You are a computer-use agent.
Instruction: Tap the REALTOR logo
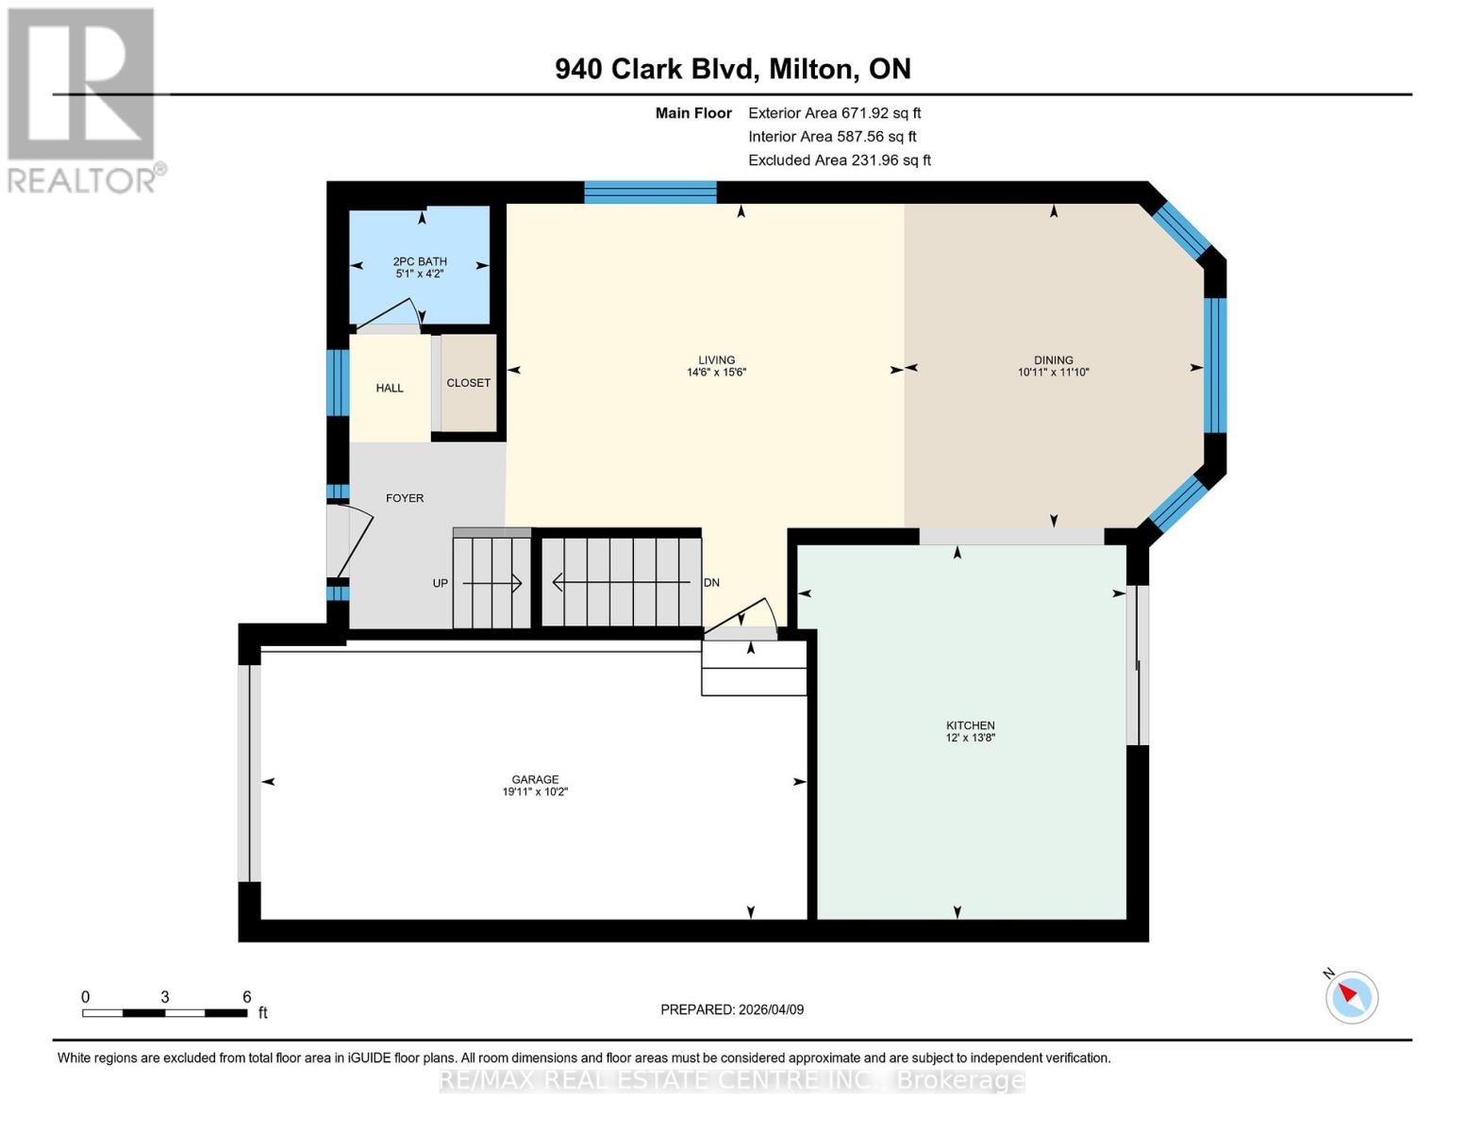point(83,99)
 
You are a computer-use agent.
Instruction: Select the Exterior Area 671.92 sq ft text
point(834,113)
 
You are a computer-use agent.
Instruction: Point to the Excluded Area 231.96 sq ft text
point(839,160)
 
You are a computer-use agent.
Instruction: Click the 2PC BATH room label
point(420,261)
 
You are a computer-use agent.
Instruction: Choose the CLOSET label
point(468,383)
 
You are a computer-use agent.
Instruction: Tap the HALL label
point(390,388)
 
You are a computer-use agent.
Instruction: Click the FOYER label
point(405,498)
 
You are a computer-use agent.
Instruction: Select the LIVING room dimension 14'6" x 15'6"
point(716,373)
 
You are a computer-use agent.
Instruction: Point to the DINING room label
point(1053,359)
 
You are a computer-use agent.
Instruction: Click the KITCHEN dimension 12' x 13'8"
point(970,738)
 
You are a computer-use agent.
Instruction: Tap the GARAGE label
point(535,779)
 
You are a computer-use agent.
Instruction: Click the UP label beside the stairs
point(441,583)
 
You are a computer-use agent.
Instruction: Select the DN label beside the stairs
point(712,583)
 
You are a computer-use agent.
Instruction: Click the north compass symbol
point(1351,996)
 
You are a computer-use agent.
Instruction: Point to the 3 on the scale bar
point(165,997)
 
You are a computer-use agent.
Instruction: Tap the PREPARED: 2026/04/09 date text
point(732,1009)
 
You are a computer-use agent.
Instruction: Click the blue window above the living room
point(650,192)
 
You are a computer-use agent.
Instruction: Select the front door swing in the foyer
point(351,541)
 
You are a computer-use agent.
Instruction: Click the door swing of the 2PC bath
point(389,315)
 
